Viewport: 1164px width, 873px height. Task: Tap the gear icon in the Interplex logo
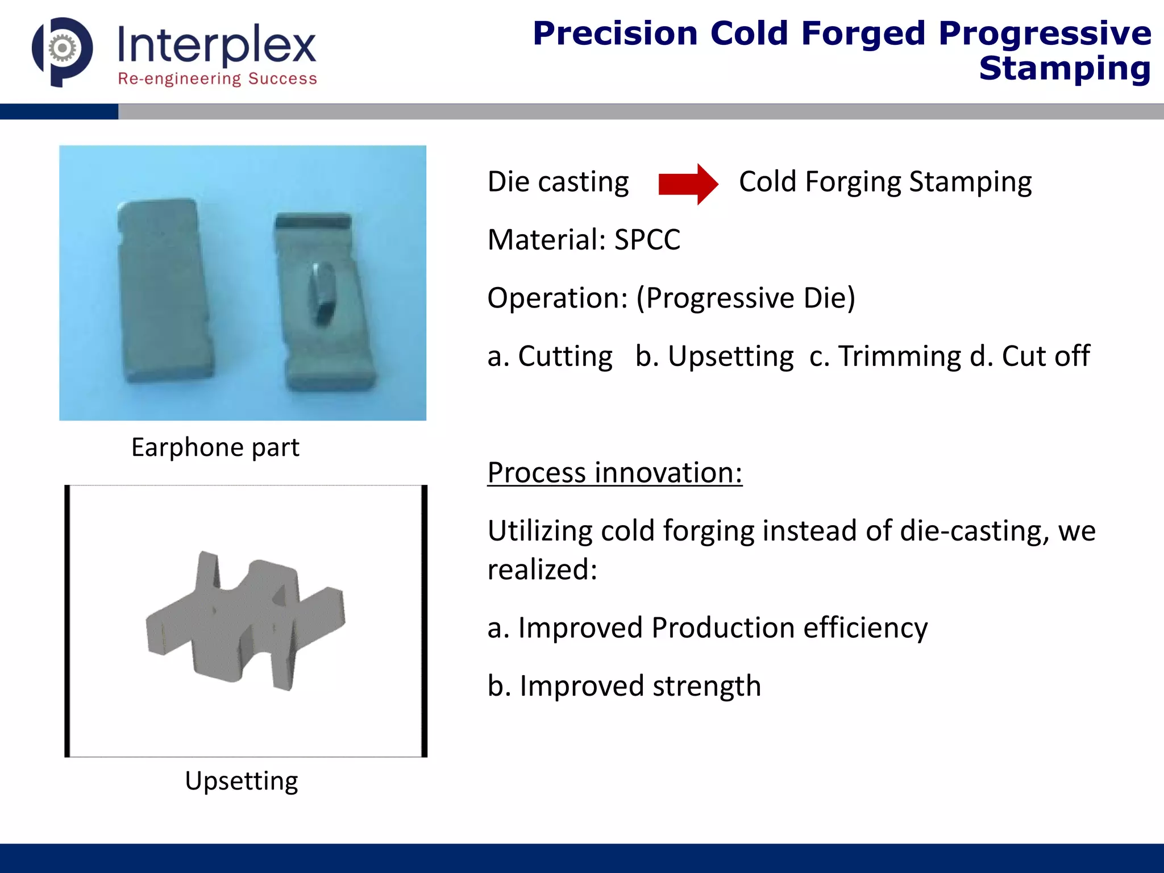coord(62,49)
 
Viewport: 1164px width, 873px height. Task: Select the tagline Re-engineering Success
coord(217,79)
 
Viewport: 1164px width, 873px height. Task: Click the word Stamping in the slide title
coord(1064,69)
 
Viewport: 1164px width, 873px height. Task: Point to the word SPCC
coord(647,240)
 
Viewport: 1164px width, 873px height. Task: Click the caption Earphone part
coord(215,447)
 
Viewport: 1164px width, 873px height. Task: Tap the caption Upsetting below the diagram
coord(241,781)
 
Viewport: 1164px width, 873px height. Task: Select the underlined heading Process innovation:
coord(614,473)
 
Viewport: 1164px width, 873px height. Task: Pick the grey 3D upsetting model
coord(244,620)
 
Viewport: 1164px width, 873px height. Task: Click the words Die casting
coord(558,182)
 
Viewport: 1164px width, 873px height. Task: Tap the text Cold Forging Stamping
coord(885,182)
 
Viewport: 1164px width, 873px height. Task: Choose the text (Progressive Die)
coord(745,298)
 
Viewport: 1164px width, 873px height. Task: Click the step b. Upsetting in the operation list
coord(714,356)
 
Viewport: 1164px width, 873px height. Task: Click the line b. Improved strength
coord(623,686)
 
